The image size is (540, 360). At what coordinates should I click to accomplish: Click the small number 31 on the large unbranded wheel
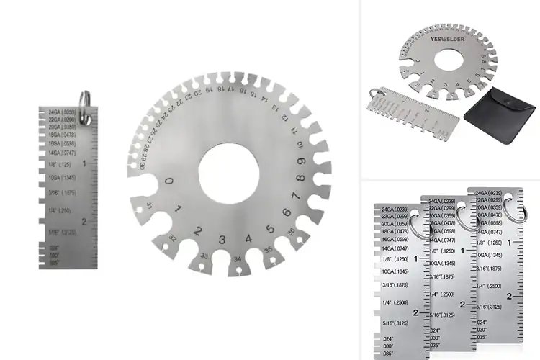pos(149,207)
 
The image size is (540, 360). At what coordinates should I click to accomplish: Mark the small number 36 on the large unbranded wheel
pos(290,232)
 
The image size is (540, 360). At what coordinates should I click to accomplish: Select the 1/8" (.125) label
pos(60,165)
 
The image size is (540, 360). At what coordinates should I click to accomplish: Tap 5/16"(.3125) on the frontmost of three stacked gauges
pos(395,323)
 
